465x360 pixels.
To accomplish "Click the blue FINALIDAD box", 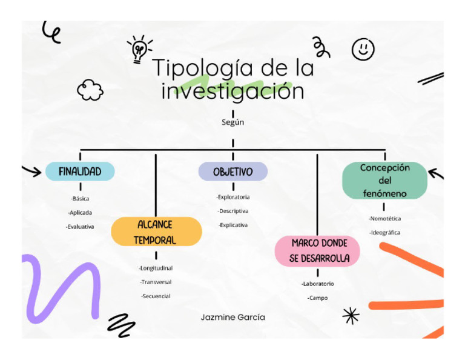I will pyautogui.click(x=80, y=172).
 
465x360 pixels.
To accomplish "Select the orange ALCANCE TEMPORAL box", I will pyautogui.click(x=156, y=232).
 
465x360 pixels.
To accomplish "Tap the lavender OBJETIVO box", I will pyautogui.click(x=233, y=172).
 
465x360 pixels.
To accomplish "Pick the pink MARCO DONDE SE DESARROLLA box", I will pyautogui.click(x=317, y=251).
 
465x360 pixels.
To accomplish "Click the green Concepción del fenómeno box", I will pyautogui.click(x=384, y=181).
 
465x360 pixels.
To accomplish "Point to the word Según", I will pyautogui.click(x=233, y=122).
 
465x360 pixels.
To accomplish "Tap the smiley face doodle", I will pyautogui.click(x=363, y=48).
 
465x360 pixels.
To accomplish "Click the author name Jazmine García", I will pyautogui.click(x=233, y=317).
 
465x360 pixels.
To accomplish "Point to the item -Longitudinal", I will pyautogui.click(x=156, y=268).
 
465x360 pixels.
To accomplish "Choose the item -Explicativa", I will pyautogui.click(x=233, y=225).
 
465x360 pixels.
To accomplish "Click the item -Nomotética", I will pyautogui.click(x=384, y=218).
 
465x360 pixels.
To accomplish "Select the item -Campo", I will pyautogui.click(x=317, y=298).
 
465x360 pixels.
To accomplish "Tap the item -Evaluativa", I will pyautogui.click(x=80, y=227).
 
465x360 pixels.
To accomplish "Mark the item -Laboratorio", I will pyautogui.click(x=317, y=284).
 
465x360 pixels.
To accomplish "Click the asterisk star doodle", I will pyautogui.click(x=351, y=315).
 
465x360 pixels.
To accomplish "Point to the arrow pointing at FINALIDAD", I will pyautogui.click(x=31, y=171).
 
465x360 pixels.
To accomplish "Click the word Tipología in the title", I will pyautogui.click(x=199, y=68).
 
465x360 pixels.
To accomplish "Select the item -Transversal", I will pyautogui.click(x=156, y=282).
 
